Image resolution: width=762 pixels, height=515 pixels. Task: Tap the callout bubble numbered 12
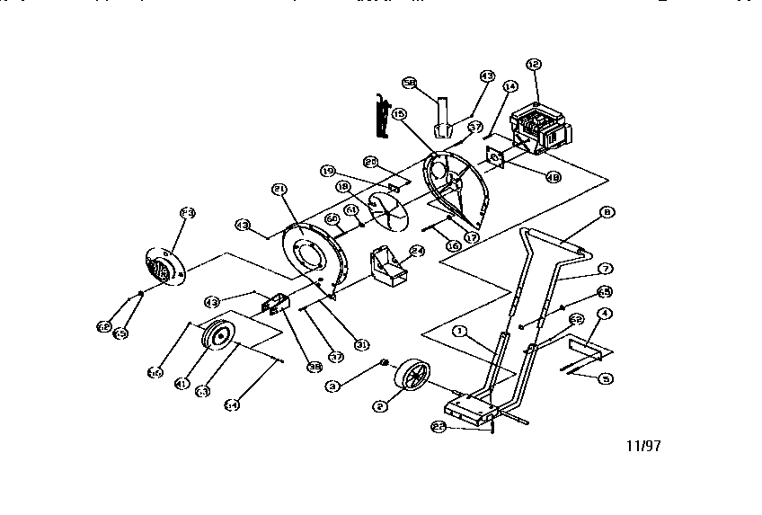(533, 64)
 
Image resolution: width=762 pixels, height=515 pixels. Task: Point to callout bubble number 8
(607, 213)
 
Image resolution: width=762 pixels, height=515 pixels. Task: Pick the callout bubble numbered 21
(279, 190)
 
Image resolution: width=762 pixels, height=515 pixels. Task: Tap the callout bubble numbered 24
(416, 252)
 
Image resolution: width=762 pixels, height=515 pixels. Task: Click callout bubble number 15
(399, 115)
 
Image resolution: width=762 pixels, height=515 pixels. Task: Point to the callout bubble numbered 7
(606, 268)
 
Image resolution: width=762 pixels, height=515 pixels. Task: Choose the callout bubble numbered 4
(605, 313)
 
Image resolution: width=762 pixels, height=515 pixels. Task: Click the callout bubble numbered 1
(459, 332)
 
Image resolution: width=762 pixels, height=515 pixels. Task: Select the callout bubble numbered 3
(332, 386)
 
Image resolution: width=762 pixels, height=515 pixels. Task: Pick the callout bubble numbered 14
(510, 87)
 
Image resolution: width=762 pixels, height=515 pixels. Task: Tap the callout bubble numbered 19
(327, 170)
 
